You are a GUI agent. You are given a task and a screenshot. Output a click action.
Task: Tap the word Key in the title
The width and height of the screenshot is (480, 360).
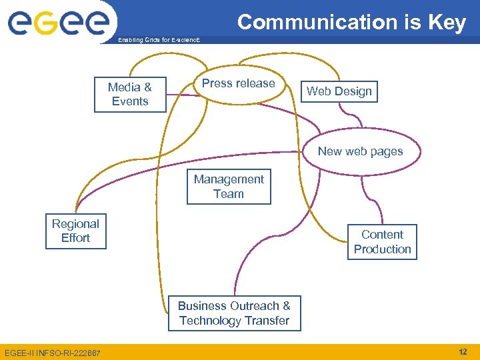tap(447, 23)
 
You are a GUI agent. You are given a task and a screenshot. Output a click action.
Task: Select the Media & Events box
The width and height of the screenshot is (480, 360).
tap(130, 94)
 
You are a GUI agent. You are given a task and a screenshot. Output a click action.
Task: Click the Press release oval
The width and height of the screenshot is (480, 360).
tap(238, 84)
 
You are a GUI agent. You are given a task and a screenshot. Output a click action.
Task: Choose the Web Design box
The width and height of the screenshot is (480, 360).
tap(339, 91)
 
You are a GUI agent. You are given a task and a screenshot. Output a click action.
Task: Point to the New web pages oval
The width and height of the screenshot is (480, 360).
tap(360, 151)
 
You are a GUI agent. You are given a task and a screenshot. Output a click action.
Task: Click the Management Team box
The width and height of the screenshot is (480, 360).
tap(229, 187)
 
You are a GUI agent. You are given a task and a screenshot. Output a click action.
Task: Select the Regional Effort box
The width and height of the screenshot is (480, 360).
tap(75, 231)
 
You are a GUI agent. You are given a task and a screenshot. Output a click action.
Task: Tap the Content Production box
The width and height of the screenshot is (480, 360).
tap(382, 242)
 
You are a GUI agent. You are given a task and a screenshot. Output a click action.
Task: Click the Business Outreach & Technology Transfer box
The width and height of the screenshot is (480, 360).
tap(234, 313)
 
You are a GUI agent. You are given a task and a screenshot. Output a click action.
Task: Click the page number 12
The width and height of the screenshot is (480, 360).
tap(463, 351)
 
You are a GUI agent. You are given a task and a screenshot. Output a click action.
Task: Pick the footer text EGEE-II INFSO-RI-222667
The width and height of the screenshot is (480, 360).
tap(52, 352)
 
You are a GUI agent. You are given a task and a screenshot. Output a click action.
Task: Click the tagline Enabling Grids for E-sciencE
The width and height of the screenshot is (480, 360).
tap(158, 41)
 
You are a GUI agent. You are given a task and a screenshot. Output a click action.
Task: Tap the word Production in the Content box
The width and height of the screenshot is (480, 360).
tap(382, 249)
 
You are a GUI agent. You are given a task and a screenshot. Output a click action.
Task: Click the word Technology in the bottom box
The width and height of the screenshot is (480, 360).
tap(210, 321)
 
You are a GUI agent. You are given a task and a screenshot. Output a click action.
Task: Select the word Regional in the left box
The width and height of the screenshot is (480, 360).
tap(75, 224)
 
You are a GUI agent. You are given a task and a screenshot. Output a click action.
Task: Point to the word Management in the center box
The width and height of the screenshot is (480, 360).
tap(229, 179)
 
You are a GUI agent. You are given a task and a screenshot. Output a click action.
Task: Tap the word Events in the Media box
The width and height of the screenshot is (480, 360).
tap(130, 101)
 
